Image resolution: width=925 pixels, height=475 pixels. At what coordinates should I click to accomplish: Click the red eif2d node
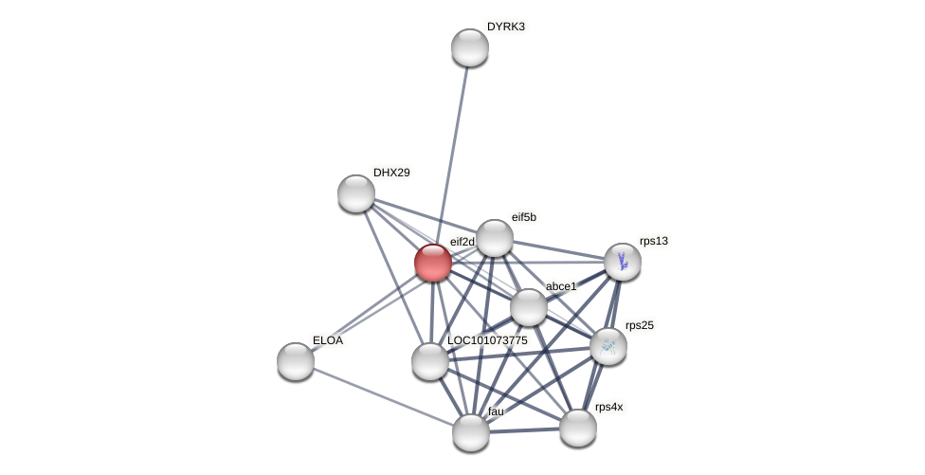point(433,263)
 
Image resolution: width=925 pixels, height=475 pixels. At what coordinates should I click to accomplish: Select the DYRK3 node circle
point(469,47)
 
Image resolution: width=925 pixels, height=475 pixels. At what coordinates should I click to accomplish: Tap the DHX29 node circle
point(356,193)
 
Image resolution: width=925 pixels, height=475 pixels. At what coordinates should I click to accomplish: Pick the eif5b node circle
point(494,238)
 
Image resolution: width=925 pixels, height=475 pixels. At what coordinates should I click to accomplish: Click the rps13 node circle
point(623,262)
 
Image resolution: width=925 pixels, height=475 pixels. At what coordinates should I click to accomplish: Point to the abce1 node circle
point(529,307)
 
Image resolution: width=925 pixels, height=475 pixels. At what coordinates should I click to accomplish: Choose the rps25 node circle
point(608,346)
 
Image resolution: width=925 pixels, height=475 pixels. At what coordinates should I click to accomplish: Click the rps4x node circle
point(578,428)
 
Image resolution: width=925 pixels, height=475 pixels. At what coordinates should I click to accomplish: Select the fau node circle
point(471,432)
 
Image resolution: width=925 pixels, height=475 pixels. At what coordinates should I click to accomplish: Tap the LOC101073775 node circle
point(430,361)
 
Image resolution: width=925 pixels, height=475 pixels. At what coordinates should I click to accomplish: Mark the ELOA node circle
point(296,361)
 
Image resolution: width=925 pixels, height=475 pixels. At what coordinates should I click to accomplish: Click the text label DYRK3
point(505,27)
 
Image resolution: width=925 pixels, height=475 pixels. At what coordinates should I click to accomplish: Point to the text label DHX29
point(391,173)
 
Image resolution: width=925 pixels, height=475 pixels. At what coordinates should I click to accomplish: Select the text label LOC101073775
point(487,339)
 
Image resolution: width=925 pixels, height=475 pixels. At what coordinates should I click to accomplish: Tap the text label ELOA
point(328,339)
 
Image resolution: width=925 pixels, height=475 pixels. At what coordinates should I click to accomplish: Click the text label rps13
point(653,241)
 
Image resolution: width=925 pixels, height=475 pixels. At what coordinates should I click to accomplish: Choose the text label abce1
point(561,286)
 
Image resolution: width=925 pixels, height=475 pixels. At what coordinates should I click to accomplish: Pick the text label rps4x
point(608,407)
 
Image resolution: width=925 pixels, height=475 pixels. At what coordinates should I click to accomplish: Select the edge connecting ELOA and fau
point(383,396)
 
